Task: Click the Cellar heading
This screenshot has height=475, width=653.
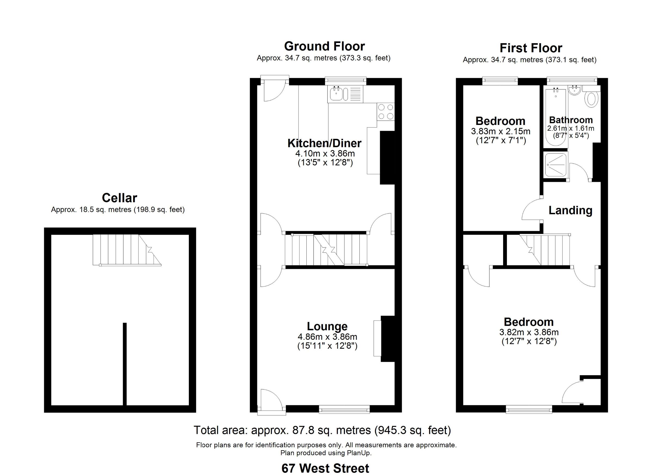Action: pyautogui.click(x=119, y=198)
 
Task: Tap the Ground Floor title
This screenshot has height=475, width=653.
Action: pyautogui.click(x=325, y=46)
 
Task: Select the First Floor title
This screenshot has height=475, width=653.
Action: pyautogui.click(x=531, y=48)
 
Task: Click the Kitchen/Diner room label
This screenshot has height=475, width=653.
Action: pyautogui.click(x=325, y=143)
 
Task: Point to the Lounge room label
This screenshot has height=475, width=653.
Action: pyautogui.click(x=327, y=326)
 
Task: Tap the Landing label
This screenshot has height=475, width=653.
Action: pyautogui.click(x=570, y=210)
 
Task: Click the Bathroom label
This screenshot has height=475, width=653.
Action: pyautogui.click(x=571, y=120)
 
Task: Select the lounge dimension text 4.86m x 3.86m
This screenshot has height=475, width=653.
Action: pyautogui.click(x=327, y=337)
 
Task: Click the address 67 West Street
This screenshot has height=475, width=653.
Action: pyautogui.click(x=325, y=468)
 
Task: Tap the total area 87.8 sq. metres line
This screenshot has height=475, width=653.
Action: pyautogui.click(x=322, y=430)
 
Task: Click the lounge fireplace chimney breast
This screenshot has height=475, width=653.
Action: pyautogui.click(x=387, y=339)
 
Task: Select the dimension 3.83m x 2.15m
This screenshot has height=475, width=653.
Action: pyautogui.click(x=500, y=131)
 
